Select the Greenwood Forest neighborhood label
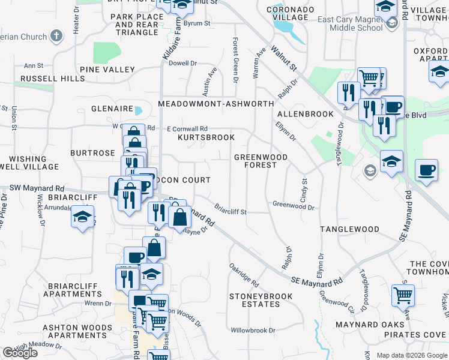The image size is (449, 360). pyautogui.click(x=261, y=161)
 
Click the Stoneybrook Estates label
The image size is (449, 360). pyautogui.click(x=261, y=300)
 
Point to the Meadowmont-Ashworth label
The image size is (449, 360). pyautogui.click(x=215, y=104)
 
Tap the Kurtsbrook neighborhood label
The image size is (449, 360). pyautogui.click(x=206, y=137)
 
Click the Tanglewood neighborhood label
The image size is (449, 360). pyautogui.click(x=349, y=229)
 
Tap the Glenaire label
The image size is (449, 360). pyautogui.click(x=112, y=109)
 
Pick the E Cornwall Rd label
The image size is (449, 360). pyautogui.click(x=187, y=128)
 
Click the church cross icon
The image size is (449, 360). pyautogui.click(x=56, y=36)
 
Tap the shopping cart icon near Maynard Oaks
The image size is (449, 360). pyautogui.click(x=403, y=295)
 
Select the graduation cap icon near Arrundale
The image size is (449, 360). pyautogui.click(x=82, y=217)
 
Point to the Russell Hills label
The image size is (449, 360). pyautogui.click(x=44, y=79)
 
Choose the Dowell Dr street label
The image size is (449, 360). pyautogui.click(x=183, y=63)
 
